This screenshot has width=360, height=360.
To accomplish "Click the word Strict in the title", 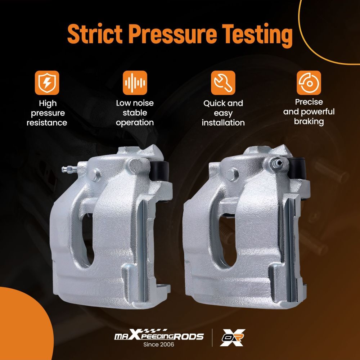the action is (95, 34).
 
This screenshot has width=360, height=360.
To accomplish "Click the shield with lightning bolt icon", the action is (47, 83).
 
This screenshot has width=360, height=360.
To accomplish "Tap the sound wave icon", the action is (135, 83).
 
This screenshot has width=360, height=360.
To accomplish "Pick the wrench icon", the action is (223, 83).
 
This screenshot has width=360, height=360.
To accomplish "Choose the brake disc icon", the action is (309, 83).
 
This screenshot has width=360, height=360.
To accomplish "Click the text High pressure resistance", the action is (47, 113).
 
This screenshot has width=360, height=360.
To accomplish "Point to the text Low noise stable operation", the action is (135, 113).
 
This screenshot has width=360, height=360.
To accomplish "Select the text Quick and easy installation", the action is (223, 113).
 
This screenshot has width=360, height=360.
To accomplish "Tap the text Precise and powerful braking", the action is (309, 112).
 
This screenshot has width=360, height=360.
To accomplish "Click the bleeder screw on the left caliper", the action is (69, 170).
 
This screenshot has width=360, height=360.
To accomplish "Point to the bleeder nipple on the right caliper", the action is (276, 163).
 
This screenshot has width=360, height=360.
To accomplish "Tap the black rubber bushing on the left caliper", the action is (159, 171).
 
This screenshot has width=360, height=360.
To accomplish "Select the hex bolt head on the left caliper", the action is (95, 175).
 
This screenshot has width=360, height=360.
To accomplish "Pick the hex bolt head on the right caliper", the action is (232, 175).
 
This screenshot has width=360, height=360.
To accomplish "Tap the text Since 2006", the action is (159, 345).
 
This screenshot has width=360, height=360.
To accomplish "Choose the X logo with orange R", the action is (232, 338).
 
